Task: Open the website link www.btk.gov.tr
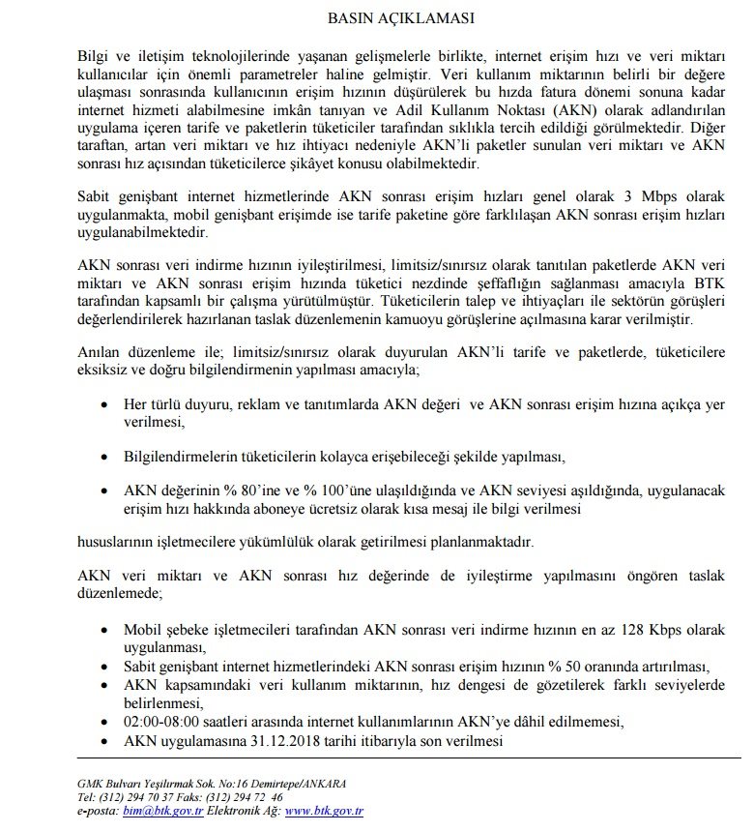click(x=323, y=811)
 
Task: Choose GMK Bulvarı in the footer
click(x=108, y=783)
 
